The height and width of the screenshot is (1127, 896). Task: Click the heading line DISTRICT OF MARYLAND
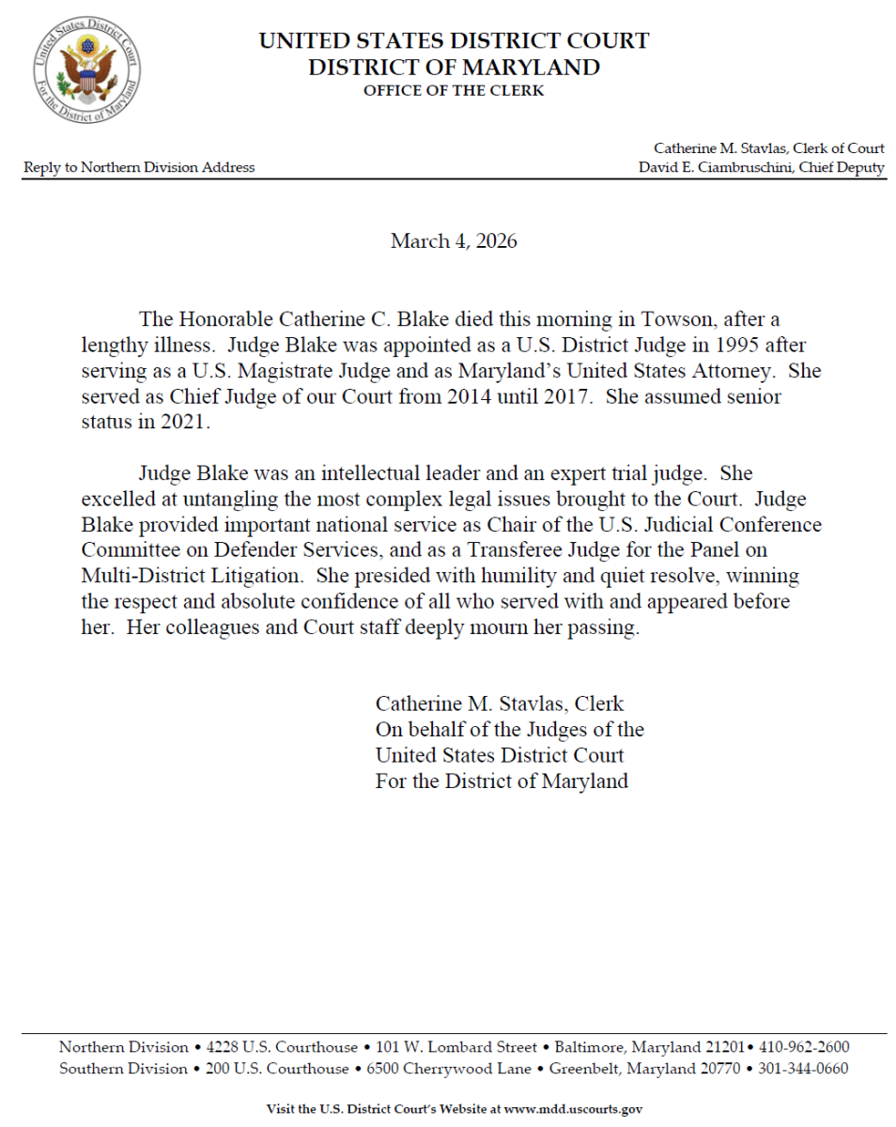click(x=454, y=68)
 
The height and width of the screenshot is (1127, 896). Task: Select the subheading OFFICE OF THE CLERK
click(x=454, y=91)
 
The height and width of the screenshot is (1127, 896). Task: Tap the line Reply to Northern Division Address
click(x=139, y=167)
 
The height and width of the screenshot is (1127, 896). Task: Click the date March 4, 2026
click(x=454, y=241)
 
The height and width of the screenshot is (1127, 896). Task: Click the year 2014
click(x=464, y=396)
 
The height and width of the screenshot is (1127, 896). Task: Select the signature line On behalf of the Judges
click(x=509, y=729)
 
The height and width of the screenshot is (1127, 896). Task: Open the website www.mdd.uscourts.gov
click(x=573, y=1109)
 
